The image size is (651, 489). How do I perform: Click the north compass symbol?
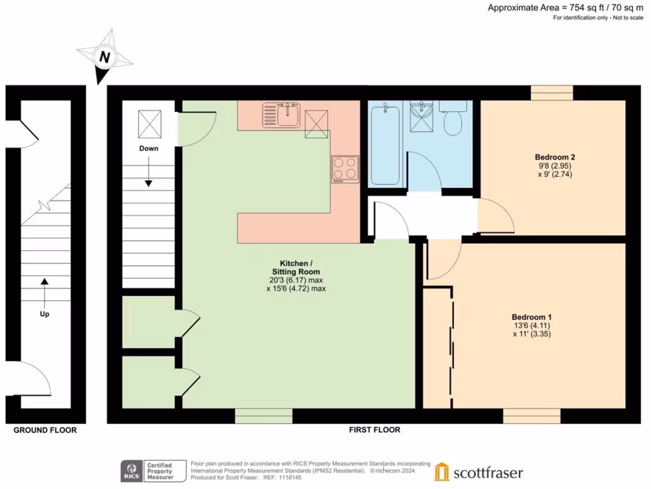(x=104, y=57)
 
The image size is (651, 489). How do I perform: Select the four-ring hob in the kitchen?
(x=345, y=169)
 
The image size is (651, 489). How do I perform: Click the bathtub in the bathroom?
(x=385, y=145)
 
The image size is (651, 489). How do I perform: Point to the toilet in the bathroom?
(x=453, y=120)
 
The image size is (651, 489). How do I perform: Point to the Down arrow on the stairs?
(x=148, y=172)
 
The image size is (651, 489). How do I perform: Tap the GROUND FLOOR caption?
(x=45, y=430)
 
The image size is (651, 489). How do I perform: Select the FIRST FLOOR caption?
(x=374, y=430)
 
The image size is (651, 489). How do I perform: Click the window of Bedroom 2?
(x=552, y=93)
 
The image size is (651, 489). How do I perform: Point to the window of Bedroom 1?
(x=531, y=416)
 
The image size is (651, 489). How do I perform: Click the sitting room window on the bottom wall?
(x=263, y=416)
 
